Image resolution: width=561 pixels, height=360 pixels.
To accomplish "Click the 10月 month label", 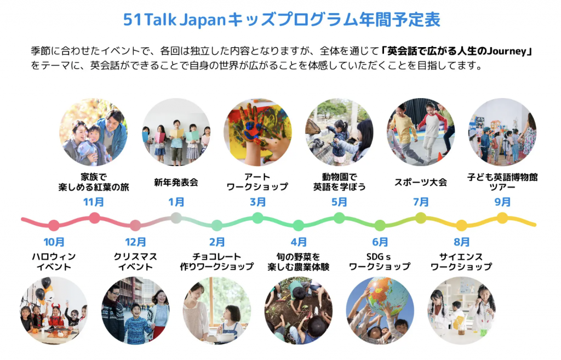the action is pyautogui.click(x=54, y=242).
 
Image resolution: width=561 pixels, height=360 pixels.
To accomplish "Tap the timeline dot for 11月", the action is pyautogui.click(x=94, y=218).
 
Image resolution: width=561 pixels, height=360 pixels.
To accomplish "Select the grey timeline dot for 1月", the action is pyautogui.click(x=176, y=218).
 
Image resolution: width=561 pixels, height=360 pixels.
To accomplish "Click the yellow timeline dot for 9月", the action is pyautogui.click(x=502, y=218).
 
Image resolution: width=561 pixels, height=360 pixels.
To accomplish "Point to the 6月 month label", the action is pyautogui.click(x=380, y=242).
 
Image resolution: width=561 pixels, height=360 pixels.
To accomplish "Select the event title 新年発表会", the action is pyautogui.click(x=176, y=182).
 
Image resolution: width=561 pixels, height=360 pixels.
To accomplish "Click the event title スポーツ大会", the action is pyautogui.click(x=421, y=182).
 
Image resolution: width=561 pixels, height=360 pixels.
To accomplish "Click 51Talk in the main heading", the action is pyautogui.click(x=150, y=19).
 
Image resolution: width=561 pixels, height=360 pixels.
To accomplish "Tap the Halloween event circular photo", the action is pyautogui.click(x=54, y=310).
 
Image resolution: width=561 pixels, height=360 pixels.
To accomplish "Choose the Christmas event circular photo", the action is pyautogui.click(x=135, y=310).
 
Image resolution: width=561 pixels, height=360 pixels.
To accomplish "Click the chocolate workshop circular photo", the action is pyautogui.click(x=217, y=310).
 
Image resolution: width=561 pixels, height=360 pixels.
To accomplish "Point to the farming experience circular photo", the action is pyautogui.click(x=299, y=310).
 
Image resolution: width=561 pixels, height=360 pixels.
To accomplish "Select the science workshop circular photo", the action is pyautogui.click(x=461, y=310).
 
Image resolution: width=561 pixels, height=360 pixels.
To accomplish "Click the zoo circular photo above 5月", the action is pyautogui.click(x=339, y=132).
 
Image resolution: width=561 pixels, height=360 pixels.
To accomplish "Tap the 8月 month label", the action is pyautogui.click(x=461, y=242).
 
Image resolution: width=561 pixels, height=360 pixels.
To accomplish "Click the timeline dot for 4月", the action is pyautogui.click(x=299, y=225).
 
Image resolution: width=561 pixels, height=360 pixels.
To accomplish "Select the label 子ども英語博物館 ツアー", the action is pyautogui.click(x=502, y=182).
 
